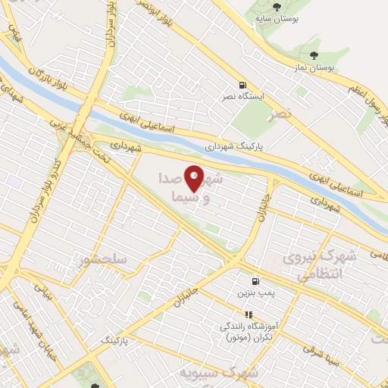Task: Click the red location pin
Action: pos(195,180)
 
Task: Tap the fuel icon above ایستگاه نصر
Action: pos(242,86)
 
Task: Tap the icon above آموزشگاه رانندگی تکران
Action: pos(246,314)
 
